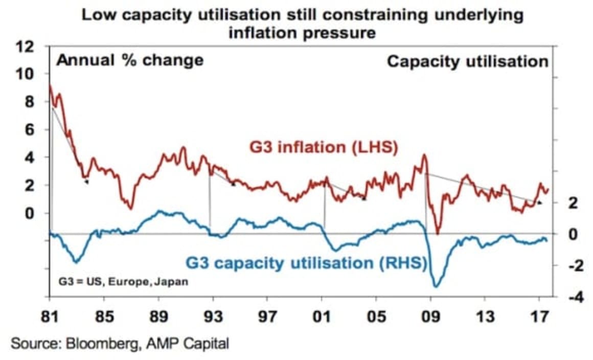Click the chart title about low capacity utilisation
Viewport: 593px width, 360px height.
[302, 24]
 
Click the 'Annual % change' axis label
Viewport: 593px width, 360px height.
[130, 60]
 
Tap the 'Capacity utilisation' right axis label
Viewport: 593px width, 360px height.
[467, 61]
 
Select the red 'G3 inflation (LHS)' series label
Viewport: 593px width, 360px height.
[324, 147]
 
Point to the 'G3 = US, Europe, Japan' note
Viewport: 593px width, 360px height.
[123, 282]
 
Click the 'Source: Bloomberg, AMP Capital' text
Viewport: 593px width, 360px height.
[120, 343]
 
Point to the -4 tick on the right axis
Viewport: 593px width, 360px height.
[572, 298]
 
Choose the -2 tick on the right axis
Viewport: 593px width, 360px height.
[572, 266]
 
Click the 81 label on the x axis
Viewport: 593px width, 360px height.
[50, 317]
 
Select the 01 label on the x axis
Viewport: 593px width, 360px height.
[322, 317]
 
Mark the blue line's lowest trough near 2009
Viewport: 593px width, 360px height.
[436, 286]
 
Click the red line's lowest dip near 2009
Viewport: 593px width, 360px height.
[437, 234]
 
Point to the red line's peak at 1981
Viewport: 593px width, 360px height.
[50, 85]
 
